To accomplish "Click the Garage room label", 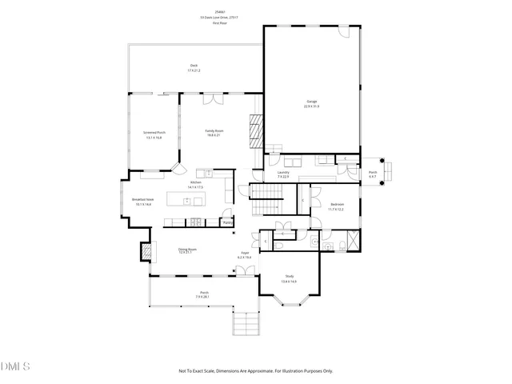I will pyautogui.click(x=311, y=102).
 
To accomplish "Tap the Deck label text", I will pyautogui.click(x=194, y=66).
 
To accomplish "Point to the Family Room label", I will pyautogui.click(x=214, y=130).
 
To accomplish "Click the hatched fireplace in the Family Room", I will pyautogui.click(x=255, y=131).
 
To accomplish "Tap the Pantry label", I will pyautogui.click(x=227, y=222).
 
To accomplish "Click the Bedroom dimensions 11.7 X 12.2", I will pyautogui.click(x=334, y=209).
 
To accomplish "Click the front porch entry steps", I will pyautogui.click(x=247, y=324).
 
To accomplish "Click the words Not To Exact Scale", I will pyautogui.click(x=198, y=370).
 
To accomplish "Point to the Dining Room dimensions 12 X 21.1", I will pyautogui.click(x=187, y=253).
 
